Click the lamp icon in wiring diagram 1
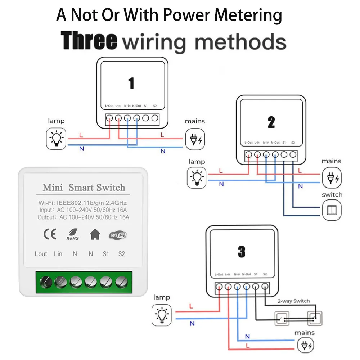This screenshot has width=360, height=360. [57, 139]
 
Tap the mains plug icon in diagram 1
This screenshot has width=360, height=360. [195, 139]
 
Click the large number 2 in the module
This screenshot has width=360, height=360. [271, 123]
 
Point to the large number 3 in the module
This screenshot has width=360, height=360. [241, 252]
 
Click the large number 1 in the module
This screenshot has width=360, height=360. [131, 84]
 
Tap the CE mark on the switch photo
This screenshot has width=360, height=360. [50, 235]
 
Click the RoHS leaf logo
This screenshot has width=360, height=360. [72, 235]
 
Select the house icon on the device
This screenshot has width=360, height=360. [95, 235]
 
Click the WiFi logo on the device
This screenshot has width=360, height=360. [118, 235]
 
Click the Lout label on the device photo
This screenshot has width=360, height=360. [41, 254]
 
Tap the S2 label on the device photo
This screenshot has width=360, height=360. [121, 254]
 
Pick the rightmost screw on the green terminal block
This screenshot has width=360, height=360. [121, 282]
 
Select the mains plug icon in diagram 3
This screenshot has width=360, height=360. [305, 346]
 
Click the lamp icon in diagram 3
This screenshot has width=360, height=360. [161, 314]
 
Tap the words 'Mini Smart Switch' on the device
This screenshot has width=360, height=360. [84, 188]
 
